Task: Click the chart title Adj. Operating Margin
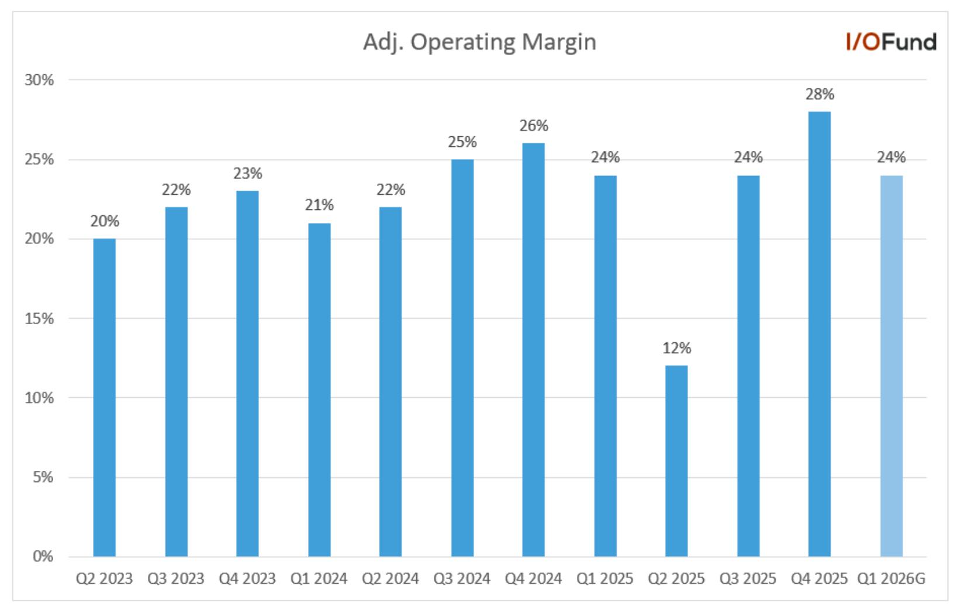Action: pos(480,43)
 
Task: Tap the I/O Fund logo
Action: pos(891,42)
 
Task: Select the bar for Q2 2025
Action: pos(676,461)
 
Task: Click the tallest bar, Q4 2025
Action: pos(820,334)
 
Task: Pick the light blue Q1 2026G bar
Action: pos(891,366)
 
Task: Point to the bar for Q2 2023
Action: pos(104,398)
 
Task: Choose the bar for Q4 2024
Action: pos(533,350)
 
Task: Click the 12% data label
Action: pos(676,347)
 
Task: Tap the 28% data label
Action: pos(820,94)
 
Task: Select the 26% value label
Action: pos(534,125)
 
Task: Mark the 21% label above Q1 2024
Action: pos(319,205)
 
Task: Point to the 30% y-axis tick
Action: pos(40,80)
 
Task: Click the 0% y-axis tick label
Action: pos(43,556)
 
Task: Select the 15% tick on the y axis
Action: pos(40,319)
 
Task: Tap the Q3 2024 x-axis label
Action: pos(462,578)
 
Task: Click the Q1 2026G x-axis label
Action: pos(891,578)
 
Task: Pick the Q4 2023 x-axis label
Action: pos(247,578)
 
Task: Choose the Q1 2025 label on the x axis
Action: pos(604,578)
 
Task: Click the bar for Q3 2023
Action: pos(177,381)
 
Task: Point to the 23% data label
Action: pos(247,173)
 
